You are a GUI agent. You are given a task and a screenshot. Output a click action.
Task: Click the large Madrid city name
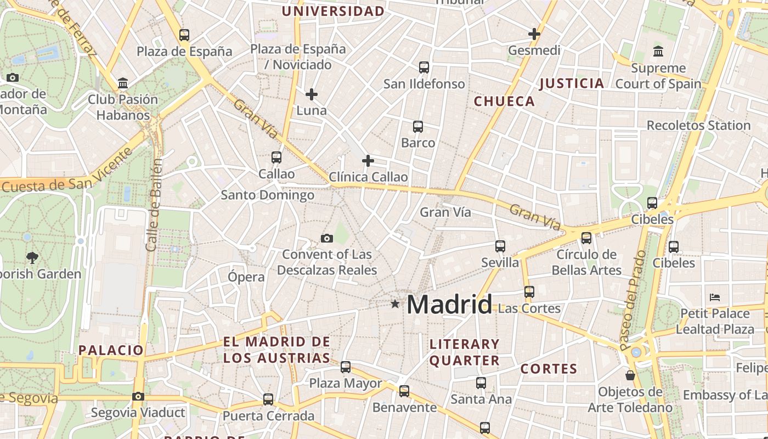449,305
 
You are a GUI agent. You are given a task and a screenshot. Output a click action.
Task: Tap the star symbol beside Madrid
394,303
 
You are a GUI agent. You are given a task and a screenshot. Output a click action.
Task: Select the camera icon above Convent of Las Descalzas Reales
327,238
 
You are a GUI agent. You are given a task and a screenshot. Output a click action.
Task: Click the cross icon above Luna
312,94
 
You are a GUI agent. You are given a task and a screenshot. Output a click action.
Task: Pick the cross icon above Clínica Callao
368,161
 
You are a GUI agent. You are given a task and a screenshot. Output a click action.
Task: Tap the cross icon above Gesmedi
534,34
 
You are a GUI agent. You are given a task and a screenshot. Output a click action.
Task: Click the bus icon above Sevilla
500,246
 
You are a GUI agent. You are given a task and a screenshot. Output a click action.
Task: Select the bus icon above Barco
418,127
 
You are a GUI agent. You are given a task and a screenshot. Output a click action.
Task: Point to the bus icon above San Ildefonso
424,67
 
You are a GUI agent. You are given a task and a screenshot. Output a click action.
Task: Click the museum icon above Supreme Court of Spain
658,52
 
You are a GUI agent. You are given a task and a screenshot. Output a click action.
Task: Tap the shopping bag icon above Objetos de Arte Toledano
630,375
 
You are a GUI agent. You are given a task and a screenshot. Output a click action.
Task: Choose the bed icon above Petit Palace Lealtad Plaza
715,297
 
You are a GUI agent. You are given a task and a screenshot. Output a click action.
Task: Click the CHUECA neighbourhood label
504,102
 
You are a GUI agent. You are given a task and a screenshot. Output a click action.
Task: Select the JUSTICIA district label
572,83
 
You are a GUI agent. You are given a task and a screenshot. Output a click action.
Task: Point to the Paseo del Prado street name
634,301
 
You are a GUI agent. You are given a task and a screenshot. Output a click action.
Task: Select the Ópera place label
246,277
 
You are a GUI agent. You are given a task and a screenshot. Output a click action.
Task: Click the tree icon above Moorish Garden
32,257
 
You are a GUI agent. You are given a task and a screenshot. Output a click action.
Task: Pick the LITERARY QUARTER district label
465,352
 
